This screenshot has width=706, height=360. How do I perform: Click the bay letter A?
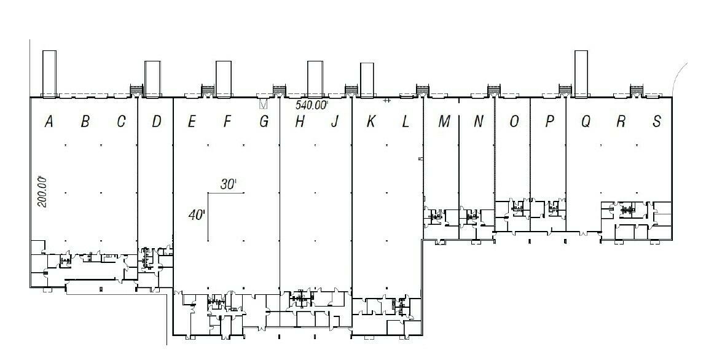[x=49, y=122]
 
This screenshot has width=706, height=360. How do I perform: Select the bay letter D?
[x=156, y=122]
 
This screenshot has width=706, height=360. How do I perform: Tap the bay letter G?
[x=264, y=122]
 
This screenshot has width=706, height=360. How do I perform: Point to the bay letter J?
[x=334, y=122]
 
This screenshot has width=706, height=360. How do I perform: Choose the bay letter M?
[x=444, y=122]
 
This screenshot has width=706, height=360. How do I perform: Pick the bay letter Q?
[x=586, y=122]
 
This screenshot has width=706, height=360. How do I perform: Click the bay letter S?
[x=657, y=122]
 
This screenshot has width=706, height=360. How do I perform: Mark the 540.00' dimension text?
[x=312, y=106]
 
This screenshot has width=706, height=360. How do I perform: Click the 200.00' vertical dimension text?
[x=43, y=191]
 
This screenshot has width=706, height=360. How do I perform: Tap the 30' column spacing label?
[x=229, y=184]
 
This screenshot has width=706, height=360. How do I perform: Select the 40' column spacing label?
[x=197, y=215]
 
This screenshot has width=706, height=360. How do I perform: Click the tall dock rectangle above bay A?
[x=49, y=74]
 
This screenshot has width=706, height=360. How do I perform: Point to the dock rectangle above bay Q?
[x=581, y=74]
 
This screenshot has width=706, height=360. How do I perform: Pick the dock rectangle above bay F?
[x=223, y=79]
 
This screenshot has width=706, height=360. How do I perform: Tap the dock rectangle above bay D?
[x=152, y=79]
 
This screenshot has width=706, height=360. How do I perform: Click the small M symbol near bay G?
[x=264, y=104]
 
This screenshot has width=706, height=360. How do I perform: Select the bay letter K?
[x=371, y=122]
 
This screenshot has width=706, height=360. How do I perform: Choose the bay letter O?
[x=514, y=122]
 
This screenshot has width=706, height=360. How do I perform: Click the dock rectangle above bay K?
[x=367, y=80]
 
